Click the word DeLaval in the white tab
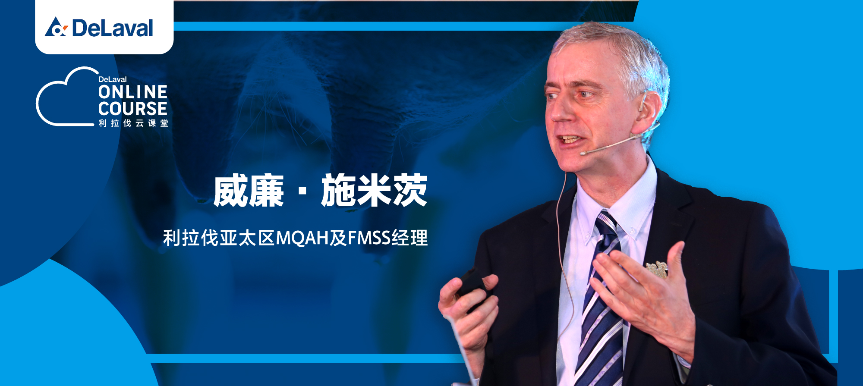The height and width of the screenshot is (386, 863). (x=113, y=28)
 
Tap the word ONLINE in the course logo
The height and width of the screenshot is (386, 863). (x=133, y=92)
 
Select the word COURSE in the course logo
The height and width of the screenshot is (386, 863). (x=133, y=109)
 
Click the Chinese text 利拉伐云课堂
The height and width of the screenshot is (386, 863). (x=133, y=123)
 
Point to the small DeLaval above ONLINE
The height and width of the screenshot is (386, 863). (x=113, y=79)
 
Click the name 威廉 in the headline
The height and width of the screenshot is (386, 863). (x=249, y=191)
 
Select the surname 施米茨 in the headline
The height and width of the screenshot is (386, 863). (x=374, y=191)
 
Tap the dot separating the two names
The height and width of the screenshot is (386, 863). (x=302, y=191)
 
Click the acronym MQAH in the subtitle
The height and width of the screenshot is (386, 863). (x=302, y=238)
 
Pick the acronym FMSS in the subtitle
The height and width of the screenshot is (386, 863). (x=369, y=238)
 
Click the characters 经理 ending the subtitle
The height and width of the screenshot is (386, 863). (x=409, y=238)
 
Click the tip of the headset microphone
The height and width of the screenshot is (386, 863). (x=583, y=153)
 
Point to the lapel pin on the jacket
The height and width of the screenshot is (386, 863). (x=657, y=269)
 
